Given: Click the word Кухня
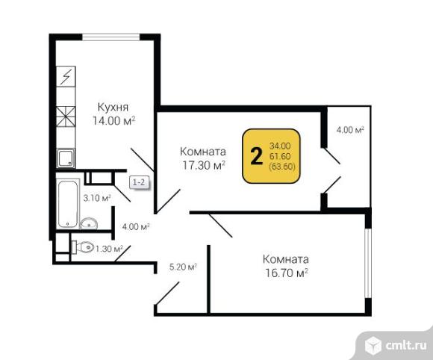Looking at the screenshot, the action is coord(113,108).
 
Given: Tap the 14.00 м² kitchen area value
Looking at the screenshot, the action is coord(113,121).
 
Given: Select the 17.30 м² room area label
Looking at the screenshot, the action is coord(204,165).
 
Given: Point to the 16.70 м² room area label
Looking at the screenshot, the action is coord(286,273).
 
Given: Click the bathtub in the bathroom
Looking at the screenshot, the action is coord(68,204).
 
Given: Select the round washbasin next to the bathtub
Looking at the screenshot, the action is coord(89,223).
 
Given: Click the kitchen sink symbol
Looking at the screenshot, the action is coord(66,158).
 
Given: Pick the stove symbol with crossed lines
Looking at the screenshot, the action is coord(66,117).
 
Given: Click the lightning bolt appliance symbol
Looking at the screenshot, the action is coord(66,76).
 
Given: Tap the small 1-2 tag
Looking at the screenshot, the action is coord(139,182).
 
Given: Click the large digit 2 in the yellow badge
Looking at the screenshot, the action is coord(256,156).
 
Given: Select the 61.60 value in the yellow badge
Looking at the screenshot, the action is coord(280,156).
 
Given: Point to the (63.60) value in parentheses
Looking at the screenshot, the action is coord(282,167).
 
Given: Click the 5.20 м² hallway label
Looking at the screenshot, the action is coord(183,267).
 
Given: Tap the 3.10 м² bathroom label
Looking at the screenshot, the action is coord(97,198).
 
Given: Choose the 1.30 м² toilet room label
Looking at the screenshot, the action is coord(109,249).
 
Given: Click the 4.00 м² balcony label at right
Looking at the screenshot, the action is coord(350,130).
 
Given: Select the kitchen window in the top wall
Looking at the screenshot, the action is coord(111,37).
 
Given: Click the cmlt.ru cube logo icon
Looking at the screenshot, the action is coord(373,345).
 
